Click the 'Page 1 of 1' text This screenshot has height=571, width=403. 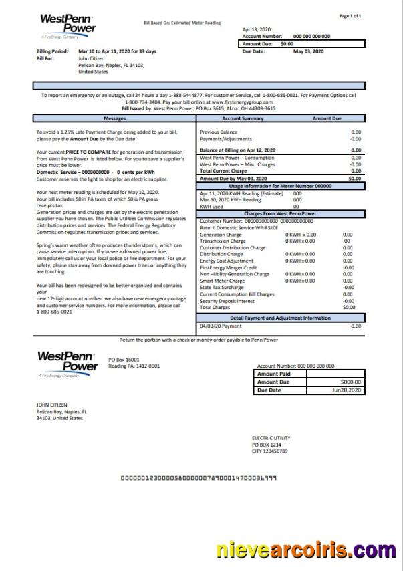coord(350,16)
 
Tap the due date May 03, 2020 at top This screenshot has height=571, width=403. coord(308,51)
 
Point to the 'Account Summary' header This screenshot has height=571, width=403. coord(243,118)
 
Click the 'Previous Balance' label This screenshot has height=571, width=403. coord(219,132)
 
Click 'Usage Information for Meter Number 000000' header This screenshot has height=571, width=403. coord(280,186)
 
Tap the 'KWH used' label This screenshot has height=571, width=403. coord(211,207)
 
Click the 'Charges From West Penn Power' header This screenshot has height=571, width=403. coord(280,213)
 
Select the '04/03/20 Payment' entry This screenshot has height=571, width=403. coord(221,326)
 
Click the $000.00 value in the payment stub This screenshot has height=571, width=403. coord(351,382)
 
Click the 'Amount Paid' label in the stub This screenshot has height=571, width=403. coord(273,374)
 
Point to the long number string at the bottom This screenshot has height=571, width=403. coord(199,478)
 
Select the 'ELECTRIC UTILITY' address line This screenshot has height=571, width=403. coord(271,438)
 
